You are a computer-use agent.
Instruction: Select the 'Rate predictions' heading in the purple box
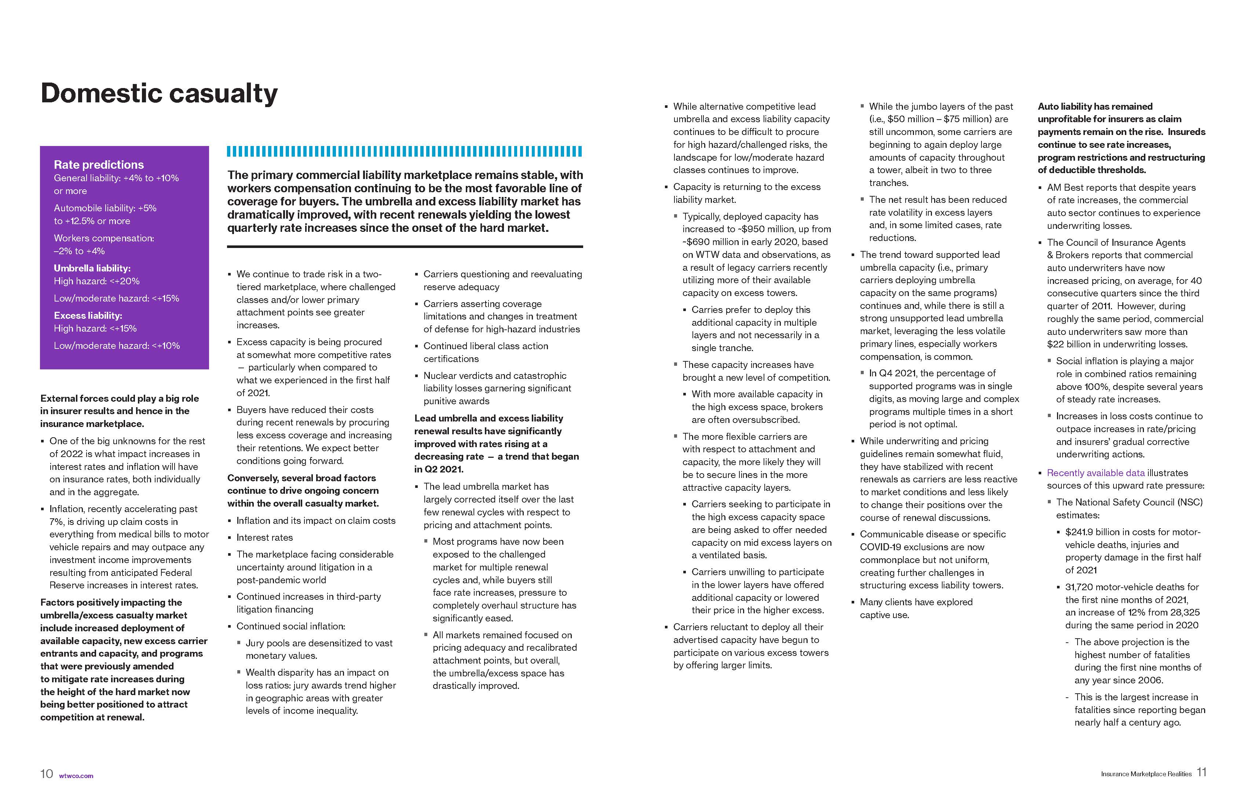click(x=99, y=165)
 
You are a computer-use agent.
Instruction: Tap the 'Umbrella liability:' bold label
click(x=92, y=268)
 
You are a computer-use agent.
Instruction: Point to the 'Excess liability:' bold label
click(x=88, y=315)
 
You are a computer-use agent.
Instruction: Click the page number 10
click(x=47, y=774)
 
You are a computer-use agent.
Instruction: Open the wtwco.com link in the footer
click(x=77, y=775)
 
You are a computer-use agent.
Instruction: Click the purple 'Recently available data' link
click(x=1096, y=473)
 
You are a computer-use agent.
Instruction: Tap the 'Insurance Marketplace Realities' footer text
click(x=1146, y=774)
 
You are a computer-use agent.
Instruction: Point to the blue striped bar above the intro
click(x=405, y=151)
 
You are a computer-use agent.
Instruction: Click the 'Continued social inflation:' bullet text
click(x=291, y=626)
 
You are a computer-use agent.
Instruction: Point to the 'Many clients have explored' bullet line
click(x=916, y=602)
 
